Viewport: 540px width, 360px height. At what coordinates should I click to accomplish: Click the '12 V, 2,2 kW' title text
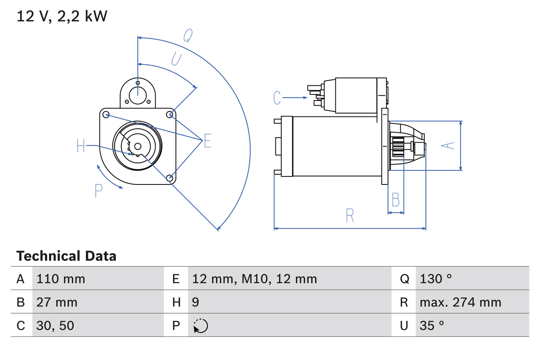coord(62,16)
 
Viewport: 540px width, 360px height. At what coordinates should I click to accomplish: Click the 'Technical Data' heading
coord(66,256)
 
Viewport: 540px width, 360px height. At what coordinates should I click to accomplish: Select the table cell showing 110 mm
coord(61,279)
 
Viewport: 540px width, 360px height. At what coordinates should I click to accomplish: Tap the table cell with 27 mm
coord(57,302)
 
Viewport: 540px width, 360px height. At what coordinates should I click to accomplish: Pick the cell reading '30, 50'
coord(55,325)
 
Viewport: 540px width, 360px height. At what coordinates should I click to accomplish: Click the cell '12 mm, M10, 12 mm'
coord(254,279)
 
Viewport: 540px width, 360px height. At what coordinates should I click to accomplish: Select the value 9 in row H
coord(196,302)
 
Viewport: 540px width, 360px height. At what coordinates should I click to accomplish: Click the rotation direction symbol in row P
coord(200,326)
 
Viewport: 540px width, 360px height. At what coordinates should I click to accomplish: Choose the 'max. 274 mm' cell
coord(460,302)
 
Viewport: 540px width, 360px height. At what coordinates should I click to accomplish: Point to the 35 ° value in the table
coord(432,325)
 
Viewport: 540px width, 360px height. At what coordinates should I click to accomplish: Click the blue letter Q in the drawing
coord(188,36)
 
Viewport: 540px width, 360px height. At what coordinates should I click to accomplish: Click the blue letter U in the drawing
coord(176,59)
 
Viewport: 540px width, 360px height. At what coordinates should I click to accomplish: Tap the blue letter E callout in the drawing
coord(207,141)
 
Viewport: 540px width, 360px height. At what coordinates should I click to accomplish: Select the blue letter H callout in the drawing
coord(81,146)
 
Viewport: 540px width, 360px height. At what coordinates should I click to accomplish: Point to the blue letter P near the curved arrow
coord(99,191)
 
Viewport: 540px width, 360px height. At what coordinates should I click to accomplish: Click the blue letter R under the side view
coord(349,215)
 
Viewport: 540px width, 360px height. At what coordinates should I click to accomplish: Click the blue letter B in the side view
coord(395,200)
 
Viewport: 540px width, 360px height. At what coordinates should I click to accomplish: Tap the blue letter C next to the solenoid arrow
coord(277,97)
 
